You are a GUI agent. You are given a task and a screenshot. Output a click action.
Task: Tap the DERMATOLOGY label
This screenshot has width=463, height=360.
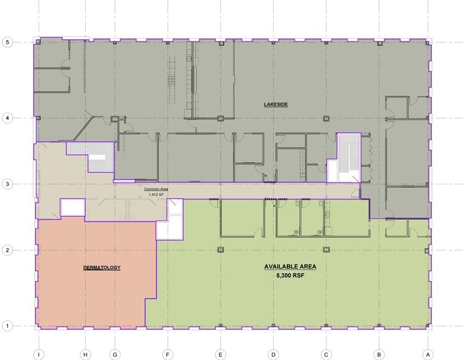click(x=102, y=268)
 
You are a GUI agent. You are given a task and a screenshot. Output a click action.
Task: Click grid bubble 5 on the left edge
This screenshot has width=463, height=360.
click(x=7, y=43)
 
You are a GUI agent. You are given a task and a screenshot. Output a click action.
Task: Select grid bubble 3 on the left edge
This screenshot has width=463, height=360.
click(x=7, y=184)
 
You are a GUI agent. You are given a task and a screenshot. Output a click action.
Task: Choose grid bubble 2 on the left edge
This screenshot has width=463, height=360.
click(x=7, y=250)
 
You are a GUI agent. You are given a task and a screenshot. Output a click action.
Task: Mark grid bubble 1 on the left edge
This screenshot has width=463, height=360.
click(x=7, y=326)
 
